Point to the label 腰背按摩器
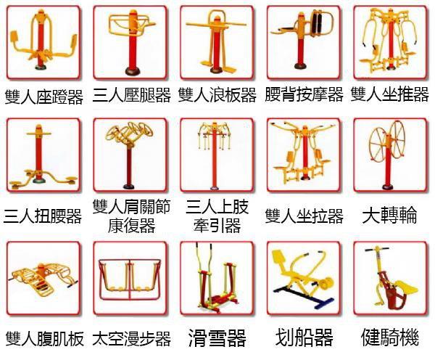(x=304, y=96)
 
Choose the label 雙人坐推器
(x=390, y=96)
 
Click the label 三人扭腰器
(x=43, y=216)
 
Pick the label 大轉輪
(x=389, y=216)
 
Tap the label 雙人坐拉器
(x=304, y=216)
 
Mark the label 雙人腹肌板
(x=44, y=338)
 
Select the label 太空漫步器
(x=132, y=338)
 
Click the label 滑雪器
(x=217, y=338)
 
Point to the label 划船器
(x=304, y=338)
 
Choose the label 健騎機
(x=389, y=338)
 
